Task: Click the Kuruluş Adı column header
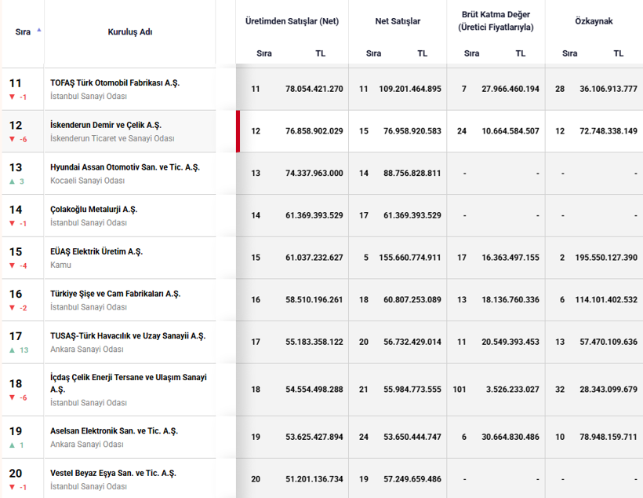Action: pos(130,32)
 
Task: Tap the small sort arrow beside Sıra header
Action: pos(39,30)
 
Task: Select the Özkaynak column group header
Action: pos(594,21)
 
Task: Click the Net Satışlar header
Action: pos(398,21)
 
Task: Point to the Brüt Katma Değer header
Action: pos(496,21)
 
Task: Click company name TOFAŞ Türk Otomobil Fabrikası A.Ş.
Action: pos(114,82)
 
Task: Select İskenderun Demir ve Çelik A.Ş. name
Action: pos(106,125)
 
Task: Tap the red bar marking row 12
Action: pos(238,131)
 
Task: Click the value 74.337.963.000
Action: pos(314,173)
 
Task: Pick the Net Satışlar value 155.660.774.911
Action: pos(410,257)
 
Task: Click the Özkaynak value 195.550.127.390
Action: pos(606,257)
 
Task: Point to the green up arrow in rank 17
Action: pos(12,350)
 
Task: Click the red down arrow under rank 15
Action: pos(12,265)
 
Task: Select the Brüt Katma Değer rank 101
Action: pos(460,389)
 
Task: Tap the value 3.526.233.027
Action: pos(513,389)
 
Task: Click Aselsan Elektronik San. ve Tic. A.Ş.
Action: pos(114,430)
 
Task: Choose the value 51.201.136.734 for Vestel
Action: pos(314,478)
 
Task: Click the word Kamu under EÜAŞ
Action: pos(60,265)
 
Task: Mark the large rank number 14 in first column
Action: pos(16,210)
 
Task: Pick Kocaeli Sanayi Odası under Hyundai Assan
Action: pos(87,181)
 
